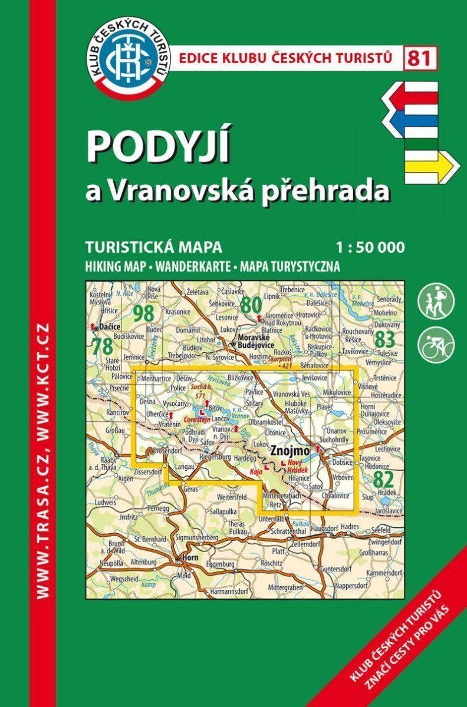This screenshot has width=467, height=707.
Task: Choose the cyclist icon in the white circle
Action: pyautogui.click(x=436, y=345)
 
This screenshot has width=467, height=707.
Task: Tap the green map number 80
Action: pyautogui.click(x=251, y=305)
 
